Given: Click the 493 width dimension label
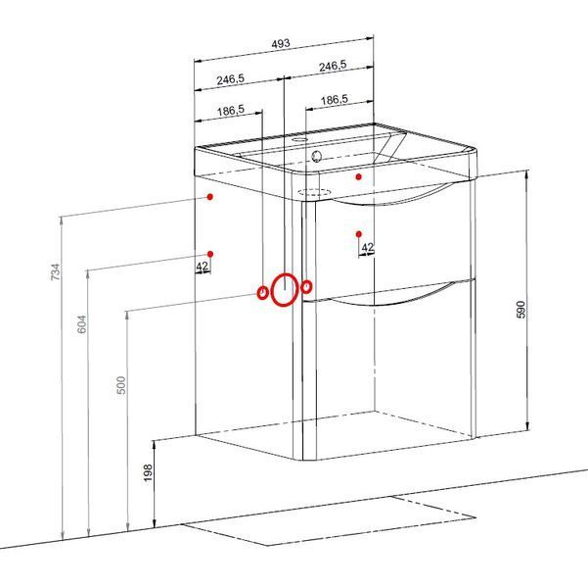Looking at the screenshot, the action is pos(281,43).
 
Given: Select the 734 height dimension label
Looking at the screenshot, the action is pos(55,271).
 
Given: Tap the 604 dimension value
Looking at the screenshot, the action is pos(81,324).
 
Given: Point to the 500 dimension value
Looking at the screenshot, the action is pos(121,385).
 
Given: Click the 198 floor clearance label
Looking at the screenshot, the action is pos(148,472).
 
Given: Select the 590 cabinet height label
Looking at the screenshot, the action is pos(520,310).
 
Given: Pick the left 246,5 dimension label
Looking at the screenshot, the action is pos(230,79).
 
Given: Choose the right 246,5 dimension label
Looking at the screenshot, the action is pos(333,67).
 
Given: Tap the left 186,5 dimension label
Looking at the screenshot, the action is pos(231,111).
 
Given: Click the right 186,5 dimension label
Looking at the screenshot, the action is pos(335,100).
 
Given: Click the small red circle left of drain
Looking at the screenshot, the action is pos(263,292).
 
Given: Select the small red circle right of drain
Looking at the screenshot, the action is pos(307,287).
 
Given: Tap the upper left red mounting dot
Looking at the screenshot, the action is pos(210,197).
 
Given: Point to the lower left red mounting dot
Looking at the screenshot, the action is pos(210,254).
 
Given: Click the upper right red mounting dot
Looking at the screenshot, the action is pos(359,176).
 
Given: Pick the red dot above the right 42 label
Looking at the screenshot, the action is pos(359,234).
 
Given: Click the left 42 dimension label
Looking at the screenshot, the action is pos(203,267).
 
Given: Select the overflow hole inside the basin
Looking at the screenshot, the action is pos(316,156).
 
